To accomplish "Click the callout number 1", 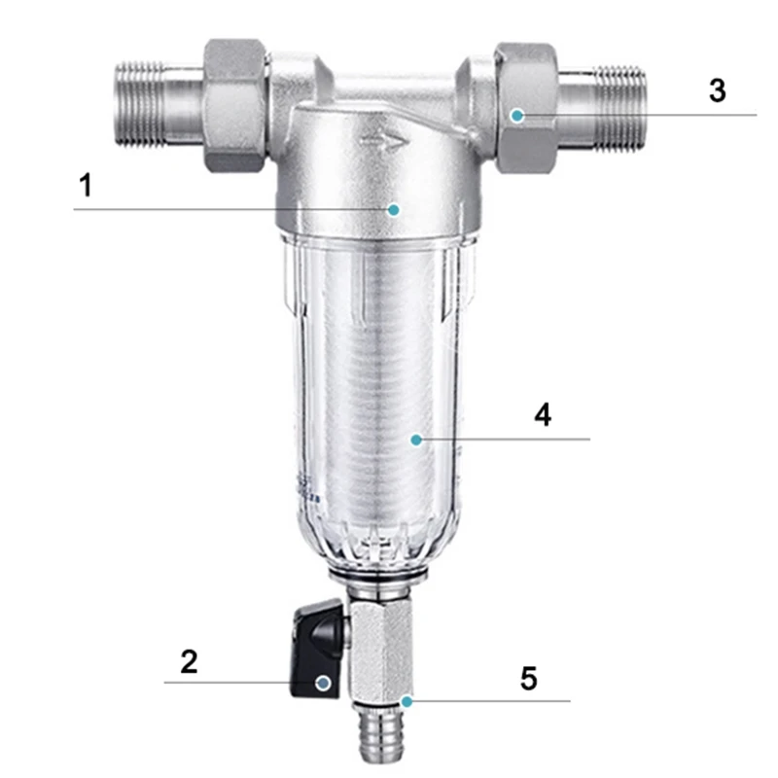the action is coord(86,185).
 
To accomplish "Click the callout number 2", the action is coord(189,661).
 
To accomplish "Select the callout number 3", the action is coord(718,90).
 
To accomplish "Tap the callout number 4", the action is coord(543,415).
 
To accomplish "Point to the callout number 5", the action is coord(529,678).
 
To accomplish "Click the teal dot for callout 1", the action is coord(394,210).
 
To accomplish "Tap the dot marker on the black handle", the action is coord(324,683).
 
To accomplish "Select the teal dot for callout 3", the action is coord(517,116).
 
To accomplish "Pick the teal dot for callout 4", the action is coord(416,440).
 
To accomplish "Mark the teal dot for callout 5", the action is coord(407,701).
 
